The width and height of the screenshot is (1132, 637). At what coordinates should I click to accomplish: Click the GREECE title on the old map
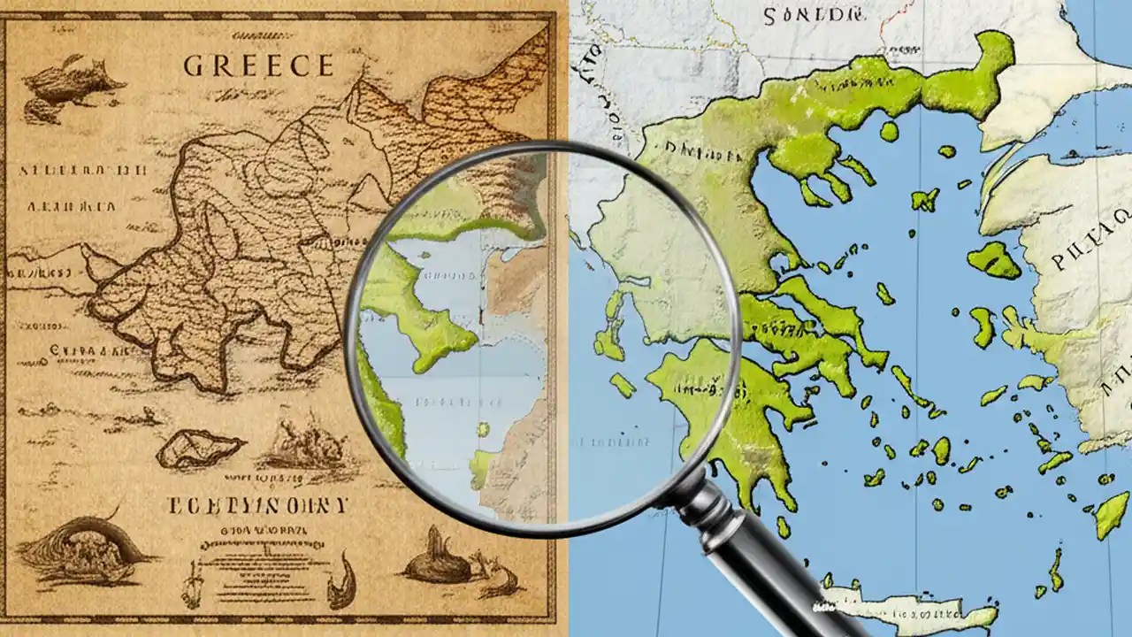258,65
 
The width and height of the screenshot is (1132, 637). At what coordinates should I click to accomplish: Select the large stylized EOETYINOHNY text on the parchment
256,505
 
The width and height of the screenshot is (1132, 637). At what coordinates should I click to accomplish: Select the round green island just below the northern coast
889,132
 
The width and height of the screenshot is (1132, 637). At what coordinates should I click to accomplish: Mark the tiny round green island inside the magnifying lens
484,429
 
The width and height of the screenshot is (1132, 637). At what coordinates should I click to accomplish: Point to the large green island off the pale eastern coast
994,260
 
